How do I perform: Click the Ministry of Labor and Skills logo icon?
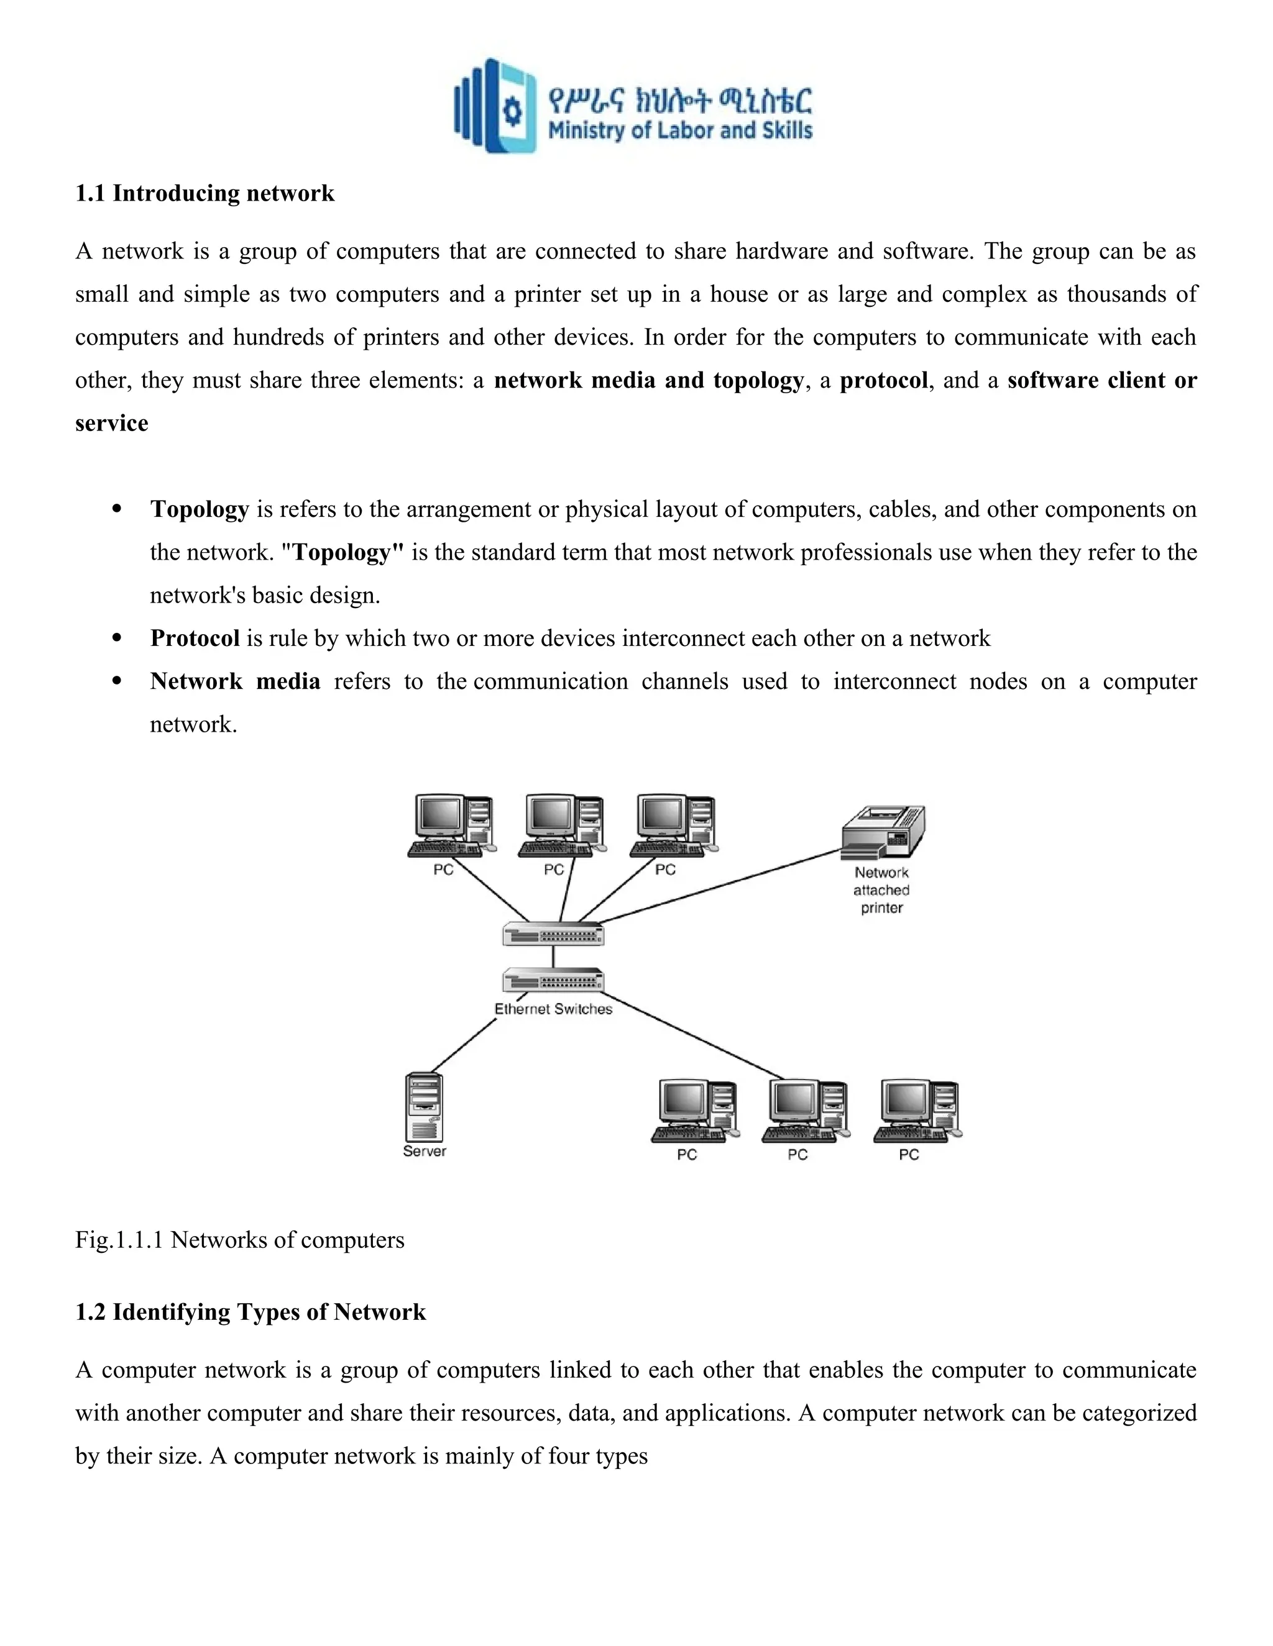coord(495,106)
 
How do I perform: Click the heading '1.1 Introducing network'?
coord(205,194)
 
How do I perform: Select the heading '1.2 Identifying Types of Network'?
coord(250,1312)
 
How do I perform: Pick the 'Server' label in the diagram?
coord(424,1152)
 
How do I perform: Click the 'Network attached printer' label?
coord(881,890)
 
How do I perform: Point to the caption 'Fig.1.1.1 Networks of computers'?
coord(240,1240)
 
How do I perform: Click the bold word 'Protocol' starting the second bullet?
coord(195,639)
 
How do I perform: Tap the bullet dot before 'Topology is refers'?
coord(116,509)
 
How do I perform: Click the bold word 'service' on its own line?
coord(112,423)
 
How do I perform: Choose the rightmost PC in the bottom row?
coord(917,1111)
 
